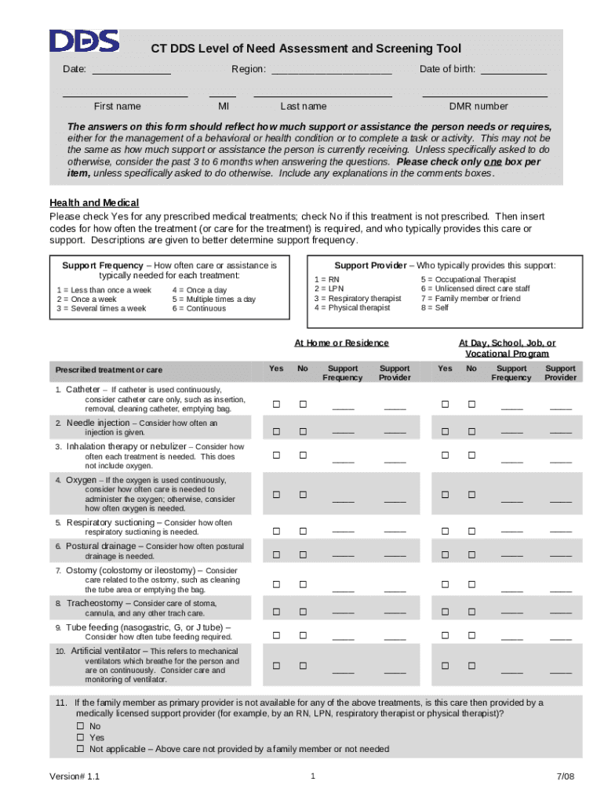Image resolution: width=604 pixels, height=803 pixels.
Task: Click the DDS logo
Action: (x=84, y=42)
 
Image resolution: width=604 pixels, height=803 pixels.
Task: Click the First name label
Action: (x=117, y=107)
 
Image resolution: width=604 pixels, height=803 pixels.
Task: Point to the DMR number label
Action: (x=478, y=107)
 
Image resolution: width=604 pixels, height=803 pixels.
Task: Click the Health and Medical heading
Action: (x=94, y=203)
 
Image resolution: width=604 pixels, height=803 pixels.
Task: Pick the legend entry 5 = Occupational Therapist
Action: (x=468, y=280)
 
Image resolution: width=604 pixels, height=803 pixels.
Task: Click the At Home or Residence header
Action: (x=341, y=343)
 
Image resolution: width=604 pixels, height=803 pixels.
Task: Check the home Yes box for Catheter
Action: (x=275, y=405)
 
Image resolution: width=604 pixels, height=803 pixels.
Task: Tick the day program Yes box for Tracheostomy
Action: (x=444, y=611)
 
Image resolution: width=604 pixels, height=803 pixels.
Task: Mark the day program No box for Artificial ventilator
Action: (x=471, y=666)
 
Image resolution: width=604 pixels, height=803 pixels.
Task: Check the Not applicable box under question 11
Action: (x=80, y=750)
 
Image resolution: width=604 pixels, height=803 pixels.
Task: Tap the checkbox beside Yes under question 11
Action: (x=80, y=738)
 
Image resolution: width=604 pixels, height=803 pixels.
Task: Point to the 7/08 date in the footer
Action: (x=566, y=777)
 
